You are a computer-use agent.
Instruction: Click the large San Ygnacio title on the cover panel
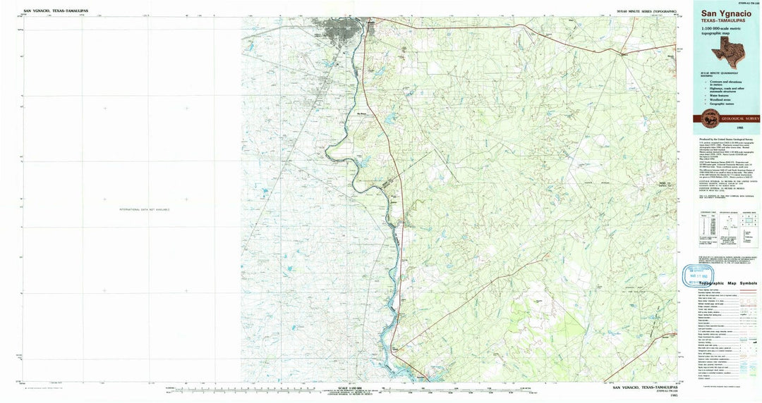point(726,13)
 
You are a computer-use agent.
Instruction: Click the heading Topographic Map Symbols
point(727,283)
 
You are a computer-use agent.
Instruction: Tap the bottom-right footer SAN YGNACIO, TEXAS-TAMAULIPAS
point(645,387)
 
